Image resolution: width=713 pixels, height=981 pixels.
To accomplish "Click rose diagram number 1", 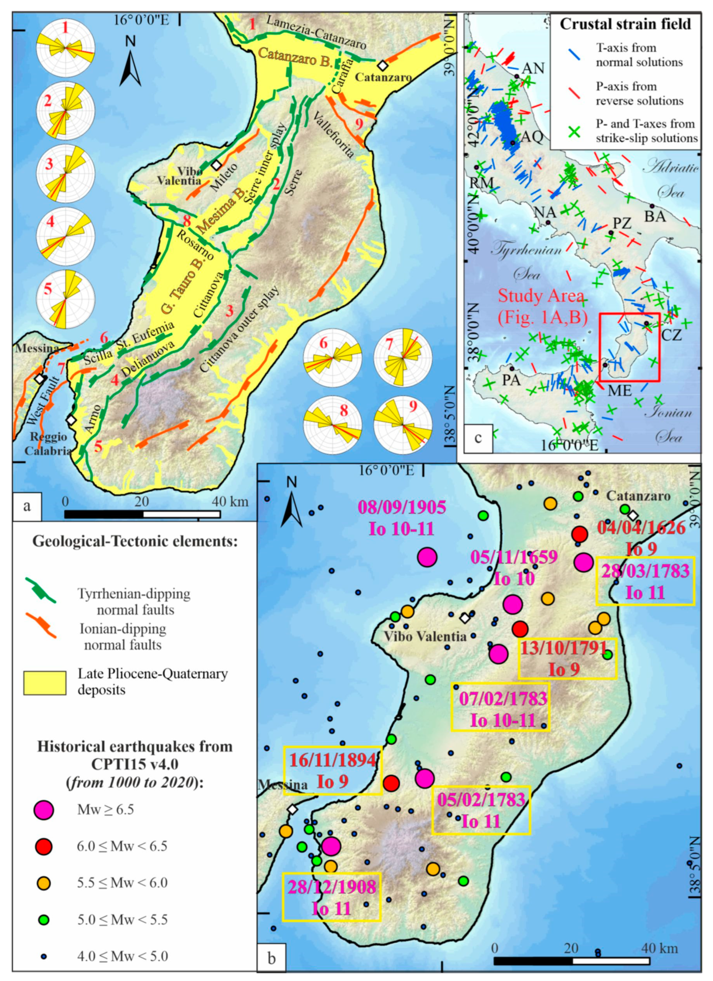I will pos(65,47).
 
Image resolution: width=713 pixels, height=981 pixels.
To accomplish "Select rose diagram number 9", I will pos(403,425).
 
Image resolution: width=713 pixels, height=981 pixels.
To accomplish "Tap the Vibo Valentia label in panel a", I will pos(179,175).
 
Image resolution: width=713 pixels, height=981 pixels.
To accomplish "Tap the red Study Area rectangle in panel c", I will pos(629,347).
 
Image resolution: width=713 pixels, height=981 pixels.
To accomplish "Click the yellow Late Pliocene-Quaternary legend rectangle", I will pos(45,683).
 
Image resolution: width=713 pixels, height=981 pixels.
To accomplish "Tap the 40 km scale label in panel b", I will pos(661,949).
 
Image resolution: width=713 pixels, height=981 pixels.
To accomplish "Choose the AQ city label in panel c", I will pos(531,137).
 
